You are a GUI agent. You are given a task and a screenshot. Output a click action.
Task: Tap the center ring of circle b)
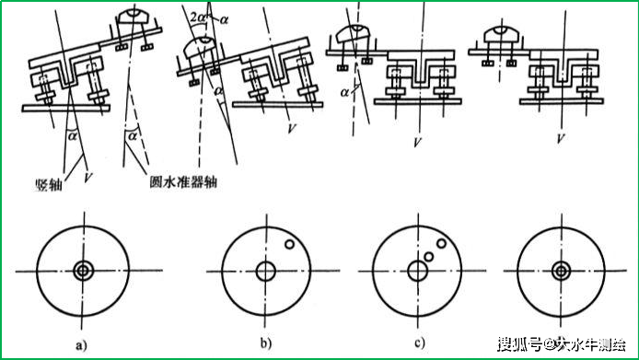266,272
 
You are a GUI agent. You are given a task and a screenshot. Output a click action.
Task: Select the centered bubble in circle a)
84,272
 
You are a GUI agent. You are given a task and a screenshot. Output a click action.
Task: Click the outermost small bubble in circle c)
443,245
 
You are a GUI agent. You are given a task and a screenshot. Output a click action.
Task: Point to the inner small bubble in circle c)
430,256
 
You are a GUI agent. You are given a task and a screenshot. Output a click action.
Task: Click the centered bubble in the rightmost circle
560,272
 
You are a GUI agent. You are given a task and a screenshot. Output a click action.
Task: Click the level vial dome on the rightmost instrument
500,31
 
